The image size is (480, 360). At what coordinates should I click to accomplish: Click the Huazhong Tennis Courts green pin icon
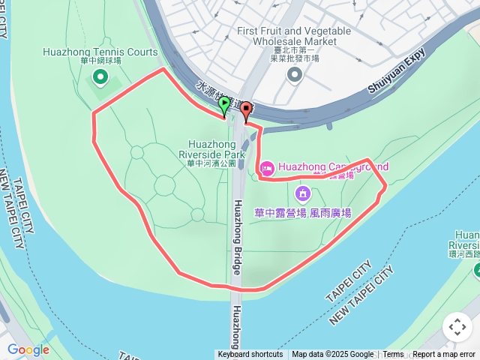tap(100, 76)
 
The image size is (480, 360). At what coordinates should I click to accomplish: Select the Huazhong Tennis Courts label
tap(100, 52)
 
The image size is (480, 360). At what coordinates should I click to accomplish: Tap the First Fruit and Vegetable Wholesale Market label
tap(293, 35)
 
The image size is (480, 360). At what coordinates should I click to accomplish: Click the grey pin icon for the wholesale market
tap(293, 73)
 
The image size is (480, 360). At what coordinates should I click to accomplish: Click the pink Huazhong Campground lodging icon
tap(266, 166)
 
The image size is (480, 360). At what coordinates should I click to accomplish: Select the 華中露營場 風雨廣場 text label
tap(303, 212)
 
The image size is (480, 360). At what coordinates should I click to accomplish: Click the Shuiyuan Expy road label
tap(397, 71)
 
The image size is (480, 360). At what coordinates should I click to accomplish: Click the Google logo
tap(28, 349)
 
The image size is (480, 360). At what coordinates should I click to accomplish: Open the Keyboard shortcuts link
tap(250, 355)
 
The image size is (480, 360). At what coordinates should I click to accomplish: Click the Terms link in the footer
tap(393, 355)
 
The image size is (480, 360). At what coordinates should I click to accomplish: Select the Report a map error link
tap(445, 355)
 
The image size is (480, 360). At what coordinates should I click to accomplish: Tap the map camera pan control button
tap(457, 327)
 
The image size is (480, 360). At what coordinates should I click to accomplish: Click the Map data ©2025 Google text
tap(332, 355)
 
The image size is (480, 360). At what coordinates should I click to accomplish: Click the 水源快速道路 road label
tap(222, 97)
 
